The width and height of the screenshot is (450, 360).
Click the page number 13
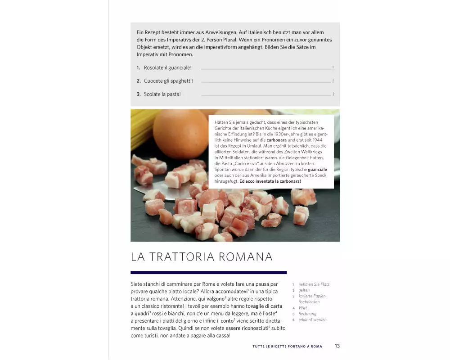(x=337, y=346)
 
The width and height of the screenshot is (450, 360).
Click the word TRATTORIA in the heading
(x=182, y=256)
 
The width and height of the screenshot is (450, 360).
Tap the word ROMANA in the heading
(x=246, y=256)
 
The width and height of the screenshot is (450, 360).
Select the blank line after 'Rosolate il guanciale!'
(x=266, y=69)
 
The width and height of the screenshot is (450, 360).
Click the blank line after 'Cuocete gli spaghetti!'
(x=266, y=82)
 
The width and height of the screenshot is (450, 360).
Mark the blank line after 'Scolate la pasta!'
(x=266, y=95)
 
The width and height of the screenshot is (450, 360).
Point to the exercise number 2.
(x=139, y=81)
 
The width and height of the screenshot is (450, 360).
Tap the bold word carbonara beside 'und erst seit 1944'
(x=277, y=140)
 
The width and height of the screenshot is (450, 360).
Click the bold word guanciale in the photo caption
(x=317, y=170)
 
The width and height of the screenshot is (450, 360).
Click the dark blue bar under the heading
(x=209, y=272)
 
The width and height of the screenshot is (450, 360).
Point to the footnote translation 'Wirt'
(x=302, y=308)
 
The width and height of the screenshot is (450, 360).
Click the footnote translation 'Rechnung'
(x=307, y=314)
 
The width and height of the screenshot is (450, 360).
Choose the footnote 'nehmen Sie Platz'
(x=314, y=284)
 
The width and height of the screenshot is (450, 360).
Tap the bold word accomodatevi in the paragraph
(x=231, y=292)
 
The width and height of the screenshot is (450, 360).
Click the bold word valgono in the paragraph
(x=216, y=299)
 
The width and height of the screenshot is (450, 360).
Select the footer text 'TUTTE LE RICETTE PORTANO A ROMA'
(x=287, y=346)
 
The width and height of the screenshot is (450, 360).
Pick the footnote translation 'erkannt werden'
(x=313, y=319)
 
